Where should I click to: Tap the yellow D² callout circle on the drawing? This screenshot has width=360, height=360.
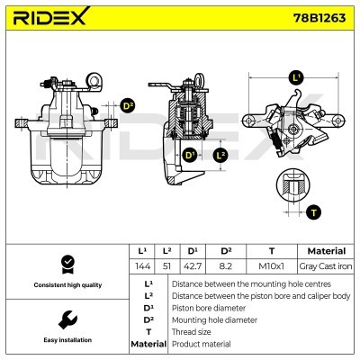(x=128, y=105)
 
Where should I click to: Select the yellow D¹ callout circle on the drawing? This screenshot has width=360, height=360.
(x=191, y=156)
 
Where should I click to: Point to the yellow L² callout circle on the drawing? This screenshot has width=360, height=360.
(x=220, y=155)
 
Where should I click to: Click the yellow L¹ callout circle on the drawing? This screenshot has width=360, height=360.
(x=297, y=77)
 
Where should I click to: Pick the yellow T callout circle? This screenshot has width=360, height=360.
(x=313, y=212)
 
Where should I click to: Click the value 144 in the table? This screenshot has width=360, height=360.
(x=141, y=267)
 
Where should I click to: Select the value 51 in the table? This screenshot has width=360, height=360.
(x=166, y=267)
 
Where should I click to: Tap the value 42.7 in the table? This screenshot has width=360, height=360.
(x=192, y=267)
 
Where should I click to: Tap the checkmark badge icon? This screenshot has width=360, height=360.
(x=66, y=264)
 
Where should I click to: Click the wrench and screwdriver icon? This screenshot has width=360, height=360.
(x=66, y=320)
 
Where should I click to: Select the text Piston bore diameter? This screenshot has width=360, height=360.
(x=208, y=307)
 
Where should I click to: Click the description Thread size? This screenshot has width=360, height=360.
(x=191, y=331)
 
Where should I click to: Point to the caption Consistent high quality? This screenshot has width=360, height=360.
(x=66, y=284)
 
